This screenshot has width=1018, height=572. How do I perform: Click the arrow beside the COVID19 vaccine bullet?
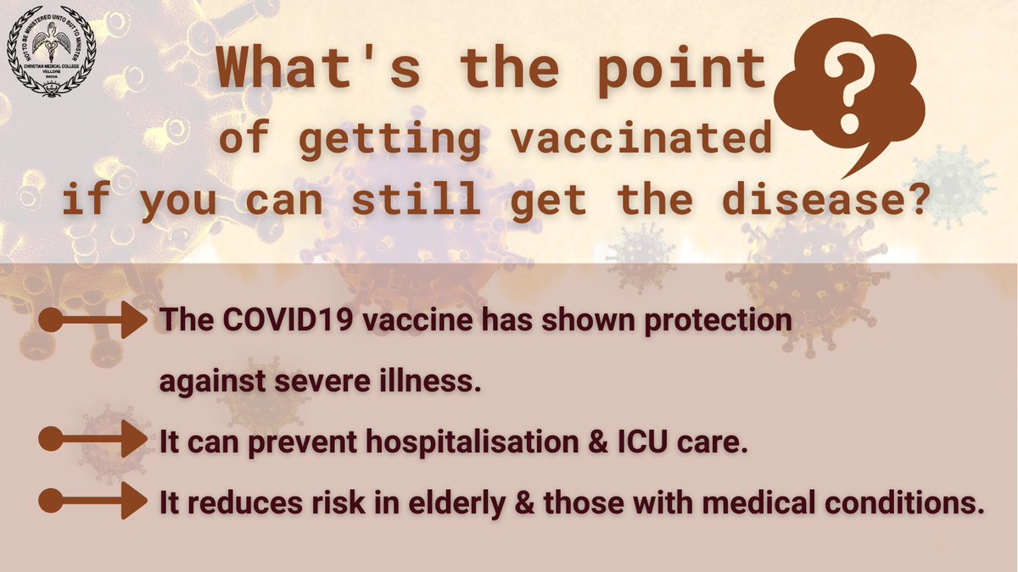pos(93,322)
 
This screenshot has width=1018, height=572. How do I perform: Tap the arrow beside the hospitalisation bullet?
pos(93,440)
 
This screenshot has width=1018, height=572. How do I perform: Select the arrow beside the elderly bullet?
pos(93,500)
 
